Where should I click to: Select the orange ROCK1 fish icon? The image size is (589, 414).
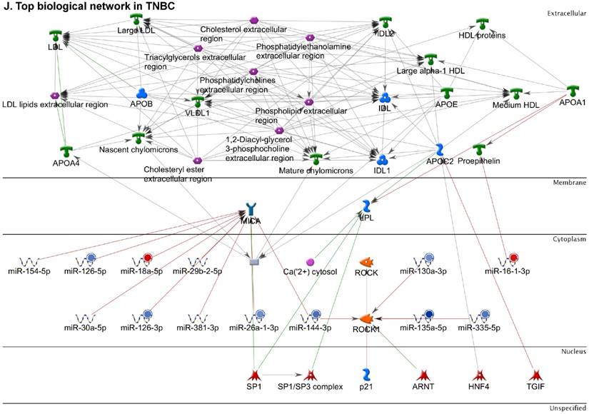point(366,317)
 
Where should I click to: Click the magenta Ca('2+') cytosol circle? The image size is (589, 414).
point(310,263)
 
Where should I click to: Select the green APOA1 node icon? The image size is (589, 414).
point(573,91)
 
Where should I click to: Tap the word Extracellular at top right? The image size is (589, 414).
point(566,13)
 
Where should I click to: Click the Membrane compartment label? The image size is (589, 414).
point(570,183)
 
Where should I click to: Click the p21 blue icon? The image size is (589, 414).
point(366,374)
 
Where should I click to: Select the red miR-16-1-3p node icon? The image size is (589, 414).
point(510,258)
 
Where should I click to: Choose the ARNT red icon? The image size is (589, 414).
point(422,374)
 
